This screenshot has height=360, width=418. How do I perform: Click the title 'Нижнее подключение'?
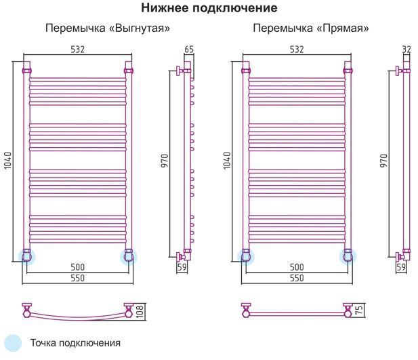[209, 8]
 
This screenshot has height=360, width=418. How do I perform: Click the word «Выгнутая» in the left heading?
[140, 28]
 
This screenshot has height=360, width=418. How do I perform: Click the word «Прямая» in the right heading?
[343, 28]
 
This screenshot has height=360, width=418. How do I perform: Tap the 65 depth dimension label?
[189, 49]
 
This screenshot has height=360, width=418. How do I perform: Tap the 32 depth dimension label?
[406, 49]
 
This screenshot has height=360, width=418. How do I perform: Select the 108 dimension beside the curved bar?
[140, 311]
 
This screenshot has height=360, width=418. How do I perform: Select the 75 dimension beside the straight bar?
[359, 310]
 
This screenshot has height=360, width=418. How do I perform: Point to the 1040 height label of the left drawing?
[7, 161]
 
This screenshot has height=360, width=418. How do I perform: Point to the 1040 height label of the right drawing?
[227, 161]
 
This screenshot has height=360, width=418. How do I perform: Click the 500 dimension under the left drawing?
[78, 267]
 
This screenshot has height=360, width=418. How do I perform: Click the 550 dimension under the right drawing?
[297, 278]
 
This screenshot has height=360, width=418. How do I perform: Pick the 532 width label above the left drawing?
[78, 49]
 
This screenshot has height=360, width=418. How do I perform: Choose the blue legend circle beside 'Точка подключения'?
[12, 343]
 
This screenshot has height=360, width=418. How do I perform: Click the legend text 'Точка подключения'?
[75, 343]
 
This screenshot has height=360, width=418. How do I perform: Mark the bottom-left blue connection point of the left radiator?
[26, 257]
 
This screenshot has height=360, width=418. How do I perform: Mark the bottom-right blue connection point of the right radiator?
[348, 257]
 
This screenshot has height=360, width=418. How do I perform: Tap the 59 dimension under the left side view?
[182, 267]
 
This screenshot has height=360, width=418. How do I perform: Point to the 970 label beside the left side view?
[165, 161]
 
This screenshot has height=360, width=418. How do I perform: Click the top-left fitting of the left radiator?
[26, 71]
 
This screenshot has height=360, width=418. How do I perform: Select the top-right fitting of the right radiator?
[348, 71]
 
